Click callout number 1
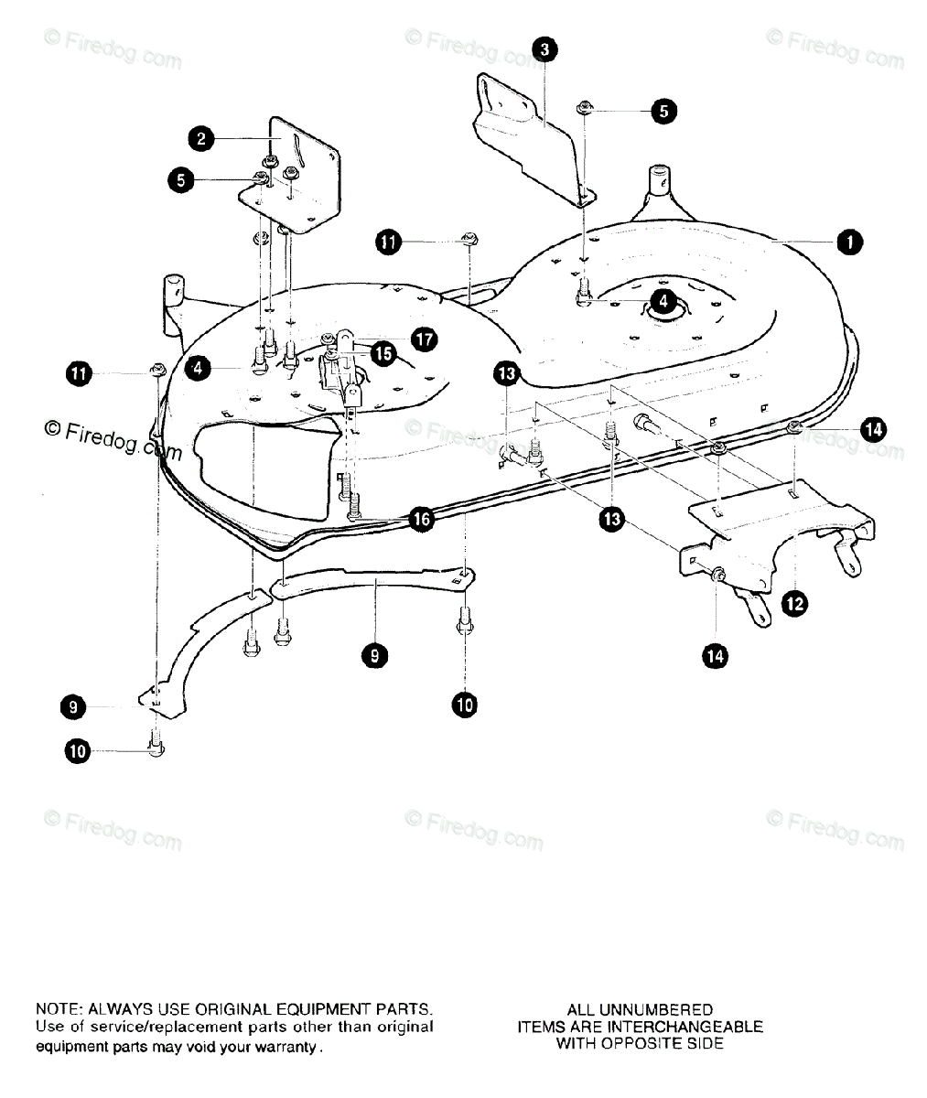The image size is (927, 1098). pyautogui.click(x=848, y=242)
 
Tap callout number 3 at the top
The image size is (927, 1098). pyautogui.click(x=544, y=48)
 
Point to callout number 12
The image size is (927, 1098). pyautogui.click(x=794, y=603)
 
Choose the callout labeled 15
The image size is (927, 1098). pyautogui.click(x=381, y=351)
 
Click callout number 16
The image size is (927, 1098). pyautogui.click(x=421, y=519)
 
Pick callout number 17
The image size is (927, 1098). pyautogui.click(x=423, y=339)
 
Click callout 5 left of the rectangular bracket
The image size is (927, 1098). pyautogui.click(x=181, y=180)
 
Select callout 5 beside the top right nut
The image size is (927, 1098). pyautogui.click(x=663, y=112)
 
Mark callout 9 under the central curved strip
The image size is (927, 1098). pyautogui.click(x=373, y=654)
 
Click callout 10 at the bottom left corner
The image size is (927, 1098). pyautogui.click(x=78, y=752)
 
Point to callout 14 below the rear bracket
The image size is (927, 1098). pyautogui.click(x=716, y=655)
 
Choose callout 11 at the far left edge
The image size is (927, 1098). pyautogui.click(x=79, y=372)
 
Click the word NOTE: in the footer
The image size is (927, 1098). pyautogui.click(x=59, y=1009)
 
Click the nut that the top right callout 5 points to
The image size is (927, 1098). pyautogui.click(x=583, y=109)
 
